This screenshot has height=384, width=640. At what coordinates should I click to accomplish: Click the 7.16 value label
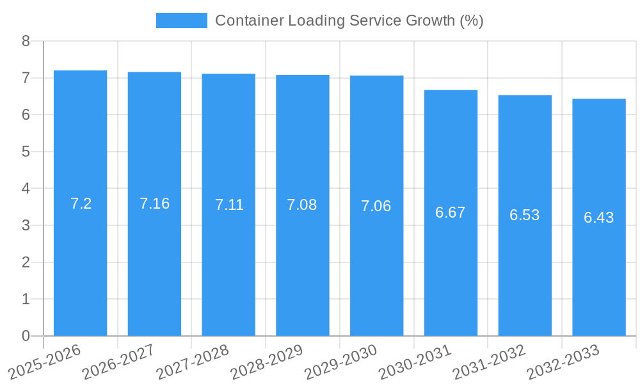(154, 204)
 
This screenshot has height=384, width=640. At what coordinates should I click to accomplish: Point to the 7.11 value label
(228, 205)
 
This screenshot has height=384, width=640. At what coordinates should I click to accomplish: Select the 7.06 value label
(376, 206)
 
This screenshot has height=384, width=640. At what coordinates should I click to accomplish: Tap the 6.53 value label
(524, 215)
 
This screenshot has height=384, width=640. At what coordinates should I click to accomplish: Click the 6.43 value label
(598, 218)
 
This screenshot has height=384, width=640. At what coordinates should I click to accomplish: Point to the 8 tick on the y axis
(26, 42)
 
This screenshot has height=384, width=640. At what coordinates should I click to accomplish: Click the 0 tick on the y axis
(26, 336)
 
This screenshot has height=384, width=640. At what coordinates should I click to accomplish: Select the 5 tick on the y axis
(26, 152)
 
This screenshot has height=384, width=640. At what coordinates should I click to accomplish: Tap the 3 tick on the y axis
(26, 225)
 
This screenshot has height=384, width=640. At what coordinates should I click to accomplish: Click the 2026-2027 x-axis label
(118, 362)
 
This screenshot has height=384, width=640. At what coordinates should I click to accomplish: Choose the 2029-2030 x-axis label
(340, 362)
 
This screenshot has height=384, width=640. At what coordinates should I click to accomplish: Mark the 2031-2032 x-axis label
(489, 362)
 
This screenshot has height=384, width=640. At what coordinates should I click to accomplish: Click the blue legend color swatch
(182, 20)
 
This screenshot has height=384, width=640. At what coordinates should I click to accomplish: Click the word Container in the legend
(249, 20)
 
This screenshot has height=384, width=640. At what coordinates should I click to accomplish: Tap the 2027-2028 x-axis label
(193, 362)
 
